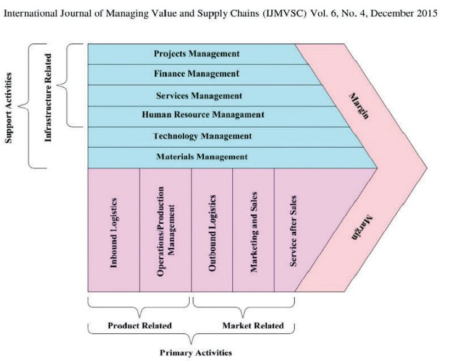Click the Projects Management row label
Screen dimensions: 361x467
click(x=196, y=54)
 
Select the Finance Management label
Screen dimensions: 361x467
click(x=196, y=74)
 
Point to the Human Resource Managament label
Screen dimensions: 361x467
click(x=203, y=115)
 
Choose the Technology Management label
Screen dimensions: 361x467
click(x=202, y=136)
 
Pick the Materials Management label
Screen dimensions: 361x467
click(x=201, y=157)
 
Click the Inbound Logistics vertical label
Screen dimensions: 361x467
click(x=114, y=233)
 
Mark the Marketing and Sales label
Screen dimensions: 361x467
click(x=253, y=232)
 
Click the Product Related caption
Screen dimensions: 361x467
click(x=140, y=326)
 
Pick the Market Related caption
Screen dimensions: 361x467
click(x=253, y=326)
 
